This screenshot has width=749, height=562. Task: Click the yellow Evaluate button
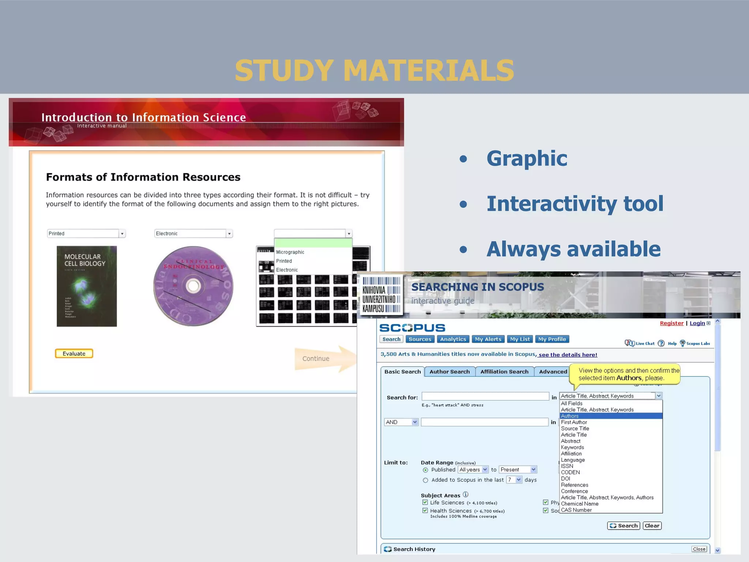tap(74, 353)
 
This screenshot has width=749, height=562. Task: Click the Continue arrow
tap(322, 359)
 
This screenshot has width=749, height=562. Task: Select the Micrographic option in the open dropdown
tap(290, 252)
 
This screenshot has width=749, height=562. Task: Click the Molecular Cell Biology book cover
tap(87, 286)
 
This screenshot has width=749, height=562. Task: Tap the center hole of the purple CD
tap(193, 286)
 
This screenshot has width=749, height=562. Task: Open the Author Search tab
tap(449, 372)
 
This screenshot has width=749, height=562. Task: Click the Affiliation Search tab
tap(504, 372)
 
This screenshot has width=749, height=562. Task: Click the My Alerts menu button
tap(488, 339)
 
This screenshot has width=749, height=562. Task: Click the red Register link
tap(671, 323)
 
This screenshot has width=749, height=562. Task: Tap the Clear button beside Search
tap(652, 526)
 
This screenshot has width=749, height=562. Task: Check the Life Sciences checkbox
tap(425, 502)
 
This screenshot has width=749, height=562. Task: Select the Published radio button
tap(425, 470)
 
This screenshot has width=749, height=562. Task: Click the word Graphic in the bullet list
tap(527, 158)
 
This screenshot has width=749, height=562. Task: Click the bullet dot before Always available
tap(463, 250)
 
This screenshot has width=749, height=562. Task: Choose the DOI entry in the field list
tap(565, 479)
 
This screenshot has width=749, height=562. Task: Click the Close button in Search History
tap(699, 549)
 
